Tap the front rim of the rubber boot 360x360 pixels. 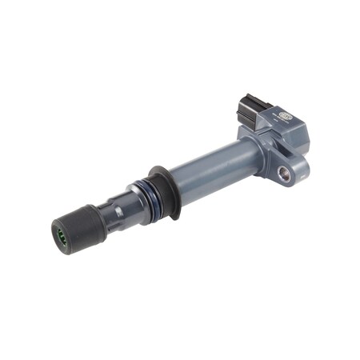tap(62, 238)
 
